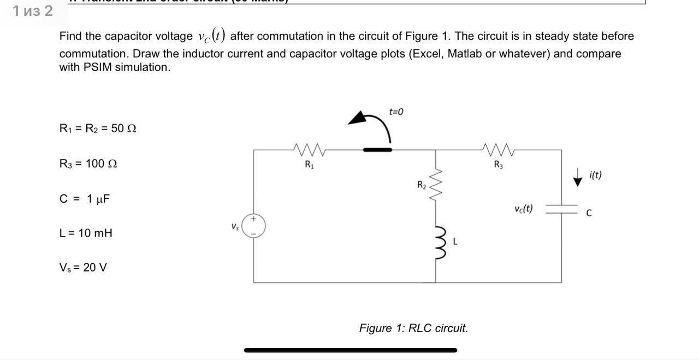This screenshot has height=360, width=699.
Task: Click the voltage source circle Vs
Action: (x=253, y=226)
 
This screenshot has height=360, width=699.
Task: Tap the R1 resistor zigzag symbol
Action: (x=310, y=149)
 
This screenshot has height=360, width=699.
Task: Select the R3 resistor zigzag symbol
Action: (x=498, y=149)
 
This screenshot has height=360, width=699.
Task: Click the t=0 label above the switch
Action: (x=396, y=112)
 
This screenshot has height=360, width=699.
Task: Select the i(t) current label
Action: (x=595, y=175)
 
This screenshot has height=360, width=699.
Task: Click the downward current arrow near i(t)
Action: (x=577, y=178)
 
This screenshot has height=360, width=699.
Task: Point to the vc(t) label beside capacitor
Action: (x=523, y=209)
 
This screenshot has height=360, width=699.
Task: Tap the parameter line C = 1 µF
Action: (x=85, y=198)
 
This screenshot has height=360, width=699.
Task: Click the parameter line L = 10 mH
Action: (x=86, y=233)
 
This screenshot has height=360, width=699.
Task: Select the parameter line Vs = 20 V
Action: (x=83, y=267)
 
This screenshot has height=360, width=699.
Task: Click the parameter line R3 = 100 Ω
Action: (x=88, y=163)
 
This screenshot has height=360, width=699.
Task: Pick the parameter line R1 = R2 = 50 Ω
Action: (x=98, y=128)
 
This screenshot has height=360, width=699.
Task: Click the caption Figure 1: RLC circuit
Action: (x=413, y=328)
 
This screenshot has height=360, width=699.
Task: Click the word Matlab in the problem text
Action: (x=465, y=54)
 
